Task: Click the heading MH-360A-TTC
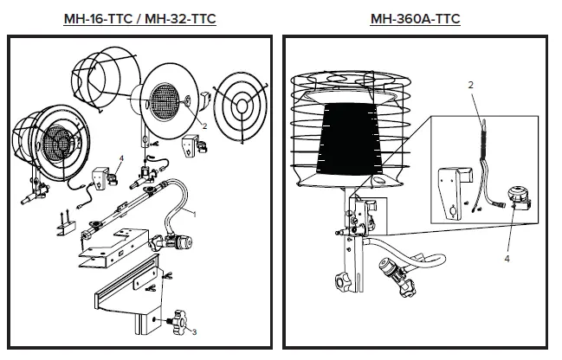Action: coord(415,18)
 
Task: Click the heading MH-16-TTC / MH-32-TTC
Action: coord(139,18)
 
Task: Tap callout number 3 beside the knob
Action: coord(195,331)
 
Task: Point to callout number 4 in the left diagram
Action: coord(121,157)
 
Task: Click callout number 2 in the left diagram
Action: coord(204,125)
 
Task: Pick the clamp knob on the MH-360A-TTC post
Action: coord(339,282)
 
